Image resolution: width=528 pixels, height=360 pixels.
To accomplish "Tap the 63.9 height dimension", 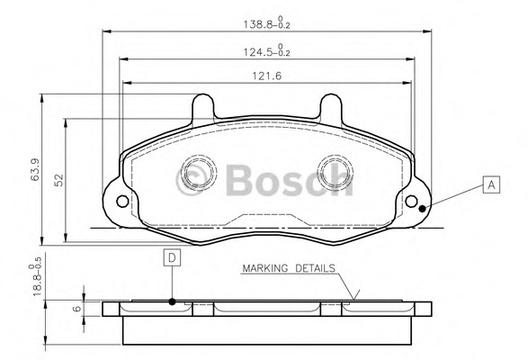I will click(33, 170).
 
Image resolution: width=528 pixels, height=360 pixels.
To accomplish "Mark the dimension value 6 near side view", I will click(76, 308).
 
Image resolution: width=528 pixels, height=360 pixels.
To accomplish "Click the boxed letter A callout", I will click(490, 186).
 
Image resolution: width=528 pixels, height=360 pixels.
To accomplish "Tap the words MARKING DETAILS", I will click(288, 268).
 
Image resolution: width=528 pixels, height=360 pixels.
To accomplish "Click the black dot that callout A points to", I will click(421, 210).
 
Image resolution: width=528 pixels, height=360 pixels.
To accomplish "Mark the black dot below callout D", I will click(171, 301).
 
